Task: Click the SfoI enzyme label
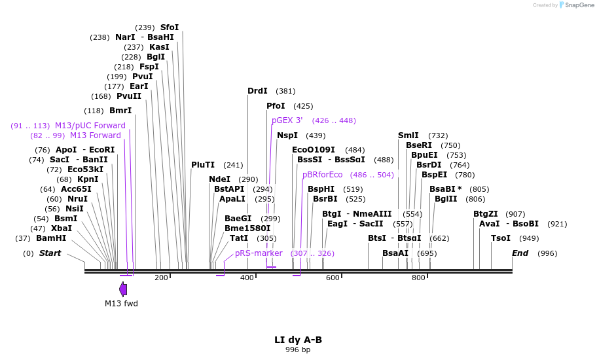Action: pyautogui.click(x=170, y=27)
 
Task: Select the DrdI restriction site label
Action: pyautogui.click(x=257, y=91)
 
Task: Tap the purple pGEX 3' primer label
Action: pyautogui.click(x=287, y=120)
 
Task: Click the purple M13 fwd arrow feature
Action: pyautogui.click(x=123, y=289)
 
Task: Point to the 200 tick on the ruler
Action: pyautogui.click(x=161, y=278)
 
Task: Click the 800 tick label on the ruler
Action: pyautogui.click(x=418, y=278)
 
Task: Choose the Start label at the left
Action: pyautogui.click(x=50, y=253)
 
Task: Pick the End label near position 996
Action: pyautogui.click(x=520, y=253)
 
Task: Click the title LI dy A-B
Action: pyautogui.click(x=298, y=340)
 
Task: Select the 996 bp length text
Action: pyautogui.click(x=298, y=350)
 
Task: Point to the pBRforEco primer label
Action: pyautogui.click(x=323, y=175)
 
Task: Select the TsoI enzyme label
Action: pyautogui.click(x=501, y=238)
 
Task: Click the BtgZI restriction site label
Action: pyautogui.click(x=486, y=214)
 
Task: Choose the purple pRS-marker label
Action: pyautogui.click(x=259, y=253)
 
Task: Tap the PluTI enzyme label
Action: pyautogui.click(x=203, y=165)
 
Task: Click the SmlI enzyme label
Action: pyautogui.click(x=408, y=135)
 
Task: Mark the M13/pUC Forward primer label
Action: pyautogui.click(x=90, y=126)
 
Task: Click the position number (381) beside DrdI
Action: pyautogui.click(x=285, y=91)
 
